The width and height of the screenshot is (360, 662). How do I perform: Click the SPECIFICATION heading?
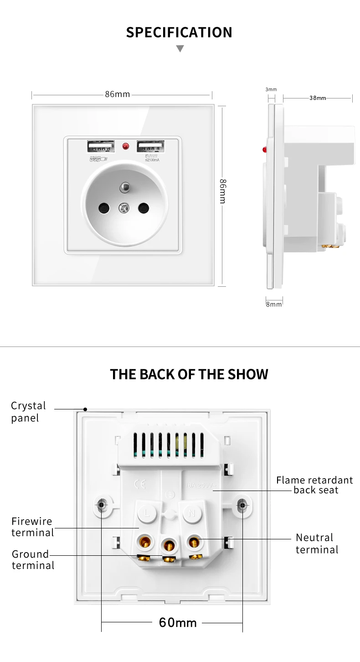(x=179, y=32)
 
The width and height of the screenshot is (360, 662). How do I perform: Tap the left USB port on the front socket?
(x=101, y=147)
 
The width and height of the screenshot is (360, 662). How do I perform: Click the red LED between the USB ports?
(x=126, y=147)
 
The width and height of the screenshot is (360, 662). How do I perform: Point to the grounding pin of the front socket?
(x=124, y=187)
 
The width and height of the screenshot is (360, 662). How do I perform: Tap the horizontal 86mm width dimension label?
(x=117, y=94)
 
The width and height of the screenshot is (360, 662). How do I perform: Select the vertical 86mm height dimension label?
(x=222, y=191)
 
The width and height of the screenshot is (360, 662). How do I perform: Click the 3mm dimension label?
(x=271, y=89)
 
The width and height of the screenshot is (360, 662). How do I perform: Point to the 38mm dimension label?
(x=318, y=98)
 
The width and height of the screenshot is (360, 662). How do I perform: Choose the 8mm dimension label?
(x=274, y=304)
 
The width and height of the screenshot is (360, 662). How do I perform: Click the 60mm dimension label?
(x=178, y=623)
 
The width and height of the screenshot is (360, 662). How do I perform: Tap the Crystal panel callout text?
(x=28, y=412)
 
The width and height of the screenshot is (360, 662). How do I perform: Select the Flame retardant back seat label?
(x=314, y=485)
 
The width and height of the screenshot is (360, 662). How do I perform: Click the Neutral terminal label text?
(x=317, y=543)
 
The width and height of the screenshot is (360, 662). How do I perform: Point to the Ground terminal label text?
(x=33, y=560)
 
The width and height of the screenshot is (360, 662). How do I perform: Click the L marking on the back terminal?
(x=146, y=513)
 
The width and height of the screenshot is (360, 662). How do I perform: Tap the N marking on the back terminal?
(x=192, y=513)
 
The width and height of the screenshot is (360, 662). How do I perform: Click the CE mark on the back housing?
(x=140, y=485)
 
